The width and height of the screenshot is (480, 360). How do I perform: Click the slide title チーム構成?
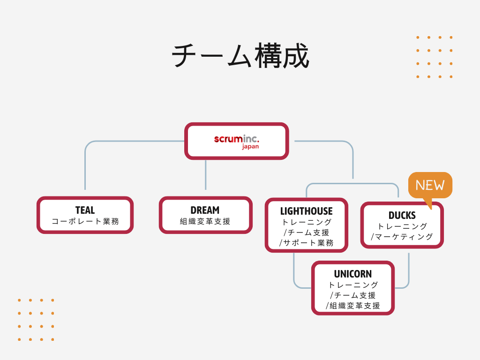coord(240,56)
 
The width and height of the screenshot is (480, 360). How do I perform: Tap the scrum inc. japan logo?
coord(237,141)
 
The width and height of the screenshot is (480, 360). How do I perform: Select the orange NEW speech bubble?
coord(430,185)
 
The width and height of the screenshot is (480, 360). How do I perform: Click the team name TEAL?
coord(85,210)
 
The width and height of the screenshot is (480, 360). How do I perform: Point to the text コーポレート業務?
coord(85,222)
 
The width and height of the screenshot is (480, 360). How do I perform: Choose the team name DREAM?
coord(205,210)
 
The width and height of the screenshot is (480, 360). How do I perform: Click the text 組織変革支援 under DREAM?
coord(205,222)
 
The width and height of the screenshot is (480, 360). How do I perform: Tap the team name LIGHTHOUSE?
coord(306,211)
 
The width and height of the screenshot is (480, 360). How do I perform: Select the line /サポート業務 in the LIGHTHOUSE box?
coord(306,243)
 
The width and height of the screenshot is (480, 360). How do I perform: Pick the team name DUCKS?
coord(402,216)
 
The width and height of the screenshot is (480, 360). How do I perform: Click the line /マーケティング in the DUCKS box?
coord(402,237)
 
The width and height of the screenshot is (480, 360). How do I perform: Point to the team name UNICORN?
coord(352,274)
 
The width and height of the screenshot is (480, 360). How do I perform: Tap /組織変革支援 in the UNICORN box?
coord(352,306)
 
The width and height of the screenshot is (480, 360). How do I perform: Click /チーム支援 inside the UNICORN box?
coord(352,295)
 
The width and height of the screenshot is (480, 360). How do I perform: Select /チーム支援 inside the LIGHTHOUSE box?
coord(306,232)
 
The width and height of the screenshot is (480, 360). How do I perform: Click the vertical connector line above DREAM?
coord(205,174)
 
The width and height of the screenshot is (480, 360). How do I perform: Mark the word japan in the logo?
coord(250,146)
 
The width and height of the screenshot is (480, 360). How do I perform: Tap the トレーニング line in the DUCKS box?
coord(402,226)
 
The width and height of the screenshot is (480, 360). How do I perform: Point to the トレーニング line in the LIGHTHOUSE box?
coord(306,222)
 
